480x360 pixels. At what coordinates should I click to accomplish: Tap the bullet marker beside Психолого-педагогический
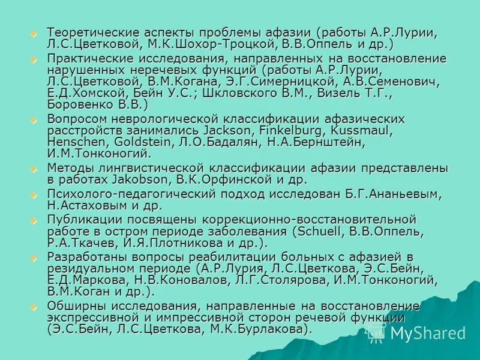click(x=34, y=194)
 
